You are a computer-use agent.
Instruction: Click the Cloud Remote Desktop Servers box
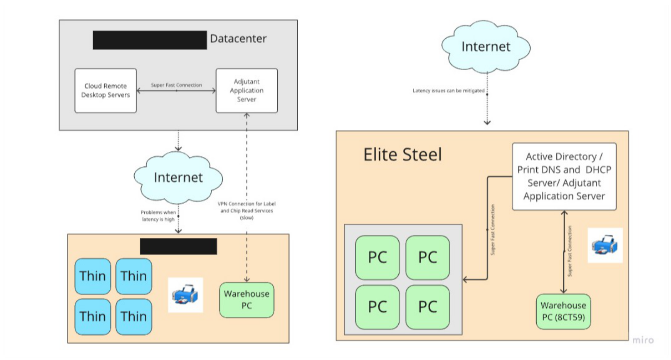point(106,91)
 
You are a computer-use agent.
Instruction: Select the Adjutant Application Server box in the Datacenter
point(247,91)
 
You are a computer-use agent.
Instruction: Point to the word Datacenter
point(238,39)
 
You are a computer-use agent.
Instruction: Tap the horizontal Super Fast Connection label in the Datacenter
point(176,85)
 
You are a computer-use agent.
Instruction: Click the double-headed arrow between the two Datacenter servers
point(176,91)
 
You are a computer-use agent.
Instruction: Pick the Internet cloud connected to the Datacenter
point(178,178)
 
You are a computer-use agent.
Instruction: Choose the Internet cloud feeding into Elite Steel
point(486,47)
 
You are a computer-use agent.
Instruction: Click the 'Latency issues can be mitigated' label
point(448,91)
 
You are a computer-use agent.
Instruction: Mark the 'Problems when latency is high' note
point(158,216)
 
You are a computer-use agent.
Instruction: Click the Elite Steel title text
point(402,155)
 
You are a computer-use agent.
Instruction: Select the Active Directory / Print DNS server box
point(564,176)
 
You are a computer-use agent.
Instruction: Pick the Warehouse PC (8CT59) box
point(563,311)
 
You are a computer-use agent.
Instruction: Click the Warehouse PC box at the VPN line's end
point(247,300)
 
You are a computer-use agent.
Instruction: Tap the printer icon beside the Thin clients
point(185,295)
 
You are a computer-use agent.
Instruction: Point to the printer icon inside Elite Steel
point(605,245)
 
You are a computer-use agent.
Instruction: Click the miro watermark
point(643,340)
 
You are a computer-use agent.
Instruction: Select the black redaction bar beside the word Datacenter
point(150,40)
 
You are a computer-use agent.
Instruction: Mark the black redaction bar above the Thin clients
point(178,246)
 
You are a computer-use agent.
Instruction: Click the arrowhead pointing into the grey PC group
point(466,280)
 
